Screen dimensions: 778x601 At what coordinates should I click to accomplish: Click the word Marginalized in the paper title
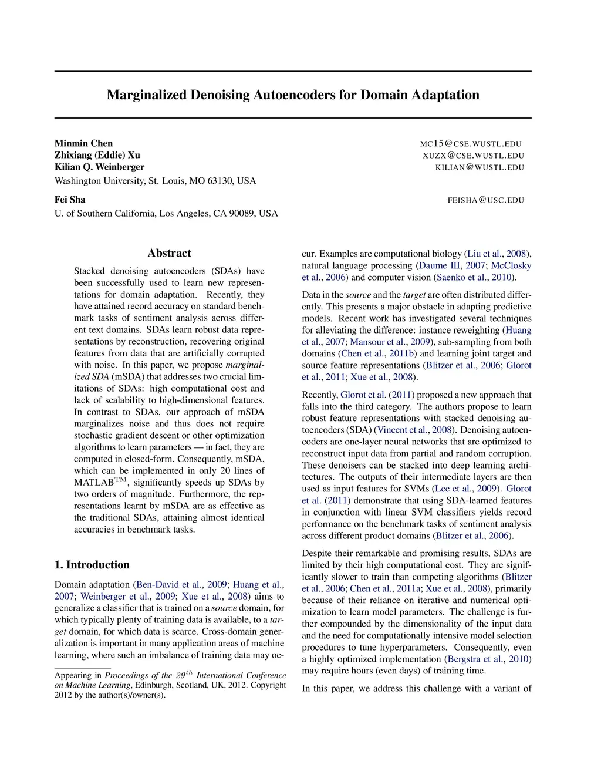146,95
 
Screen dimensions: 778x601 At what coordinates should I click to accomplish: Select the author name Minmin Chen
83,143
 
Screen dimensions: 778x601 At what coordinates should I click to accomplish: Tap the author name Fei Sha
70,200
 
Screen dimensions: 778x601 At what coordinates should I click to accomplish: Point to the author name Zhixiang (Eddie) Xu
97,155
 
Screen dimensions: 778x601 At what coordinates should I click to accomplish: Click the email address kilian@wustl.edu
480,167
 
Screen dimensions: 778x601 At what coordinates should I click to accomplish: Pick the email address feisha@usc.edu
485,200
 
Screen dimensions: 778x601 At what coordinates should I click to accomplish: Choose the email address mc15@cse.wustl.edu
471,144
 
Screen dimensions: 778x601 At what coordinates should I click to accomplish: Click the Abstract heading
169,253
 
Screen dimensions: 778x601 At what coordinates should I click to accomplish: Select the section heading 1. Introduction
92,565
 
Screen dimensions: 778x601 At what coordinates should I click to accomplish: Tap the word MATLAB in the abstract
94,483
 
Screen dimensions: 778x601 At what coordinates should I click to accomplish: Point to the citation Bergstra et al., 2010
488,659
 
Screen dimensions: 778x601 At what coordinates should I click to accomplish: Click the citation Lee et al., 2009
467,489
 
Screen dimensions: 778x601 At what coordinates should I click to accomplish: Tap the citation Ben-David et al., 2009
181,584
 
